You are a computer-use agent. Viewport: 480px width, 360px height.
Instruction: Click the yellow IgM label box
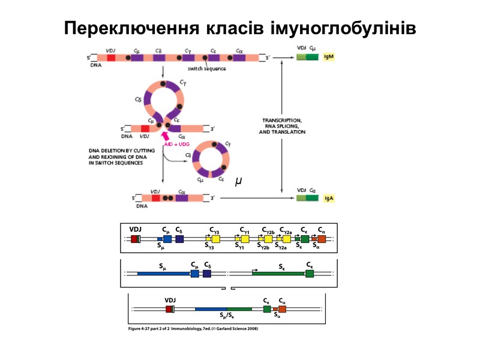click(x=328, y=58)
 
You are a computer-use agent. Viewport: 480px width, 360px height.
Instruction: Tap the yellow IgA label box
click(x=328, y=197)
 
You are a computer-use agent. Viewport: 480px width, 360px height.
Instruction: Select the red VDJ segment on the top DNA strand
click(x=111, y=58)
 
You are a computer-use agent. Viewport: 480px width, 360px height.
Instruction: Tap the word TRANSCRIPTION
click(x=282, y=121)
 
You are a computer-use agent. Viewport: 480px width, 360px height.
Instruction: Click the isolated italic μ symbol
click(x=239, y=181)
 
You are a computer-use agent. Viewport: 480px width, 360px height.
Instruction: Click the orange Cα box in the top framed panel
click(x=322, y=239)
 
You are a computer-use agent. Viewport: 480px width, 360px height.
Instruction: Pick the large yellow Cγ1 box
click(x=245, y=239)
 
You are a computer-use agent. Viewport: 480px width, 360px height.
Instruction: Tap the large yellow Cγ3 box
click(x=215, y=239)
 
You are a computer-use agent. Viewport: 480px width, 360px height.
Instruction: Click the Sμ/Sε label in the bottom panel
click(x=227, y=316)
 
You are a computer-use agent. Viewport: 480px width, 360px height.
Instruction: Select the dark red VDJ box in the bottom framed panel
click(x=169, y=309)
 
